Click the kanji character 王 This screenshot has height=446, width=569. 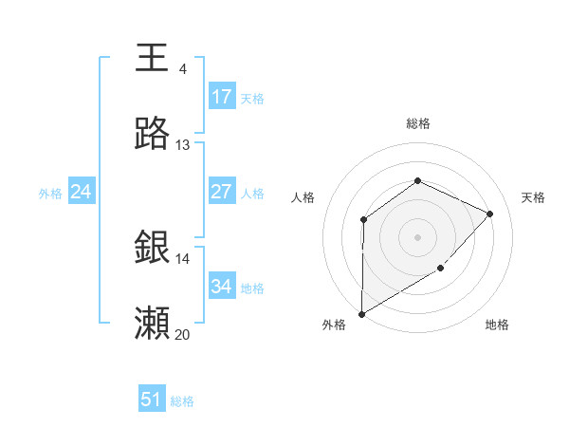coord(153,56)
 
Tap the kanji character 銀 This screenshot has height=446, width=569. coord(153,247)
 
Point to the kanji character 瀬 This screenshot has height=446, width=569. coord(153,323)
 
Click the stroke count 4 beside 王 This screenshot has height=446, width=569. coord(182,69)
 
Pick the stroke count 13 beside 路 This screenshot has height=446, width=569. coord(182,145)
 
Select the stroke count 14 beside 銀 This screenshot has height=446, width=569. coord(182,258)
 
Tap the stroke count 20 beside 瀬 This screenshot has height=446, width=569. coord(182,334)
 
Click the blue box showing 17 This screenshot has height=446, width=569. coord(222,97)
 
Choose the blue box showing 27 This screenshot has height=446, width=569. coord(222,192)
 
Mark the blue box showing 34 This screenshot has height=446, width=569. coord(222,287)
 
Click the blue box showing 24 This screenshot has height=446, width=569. coord(82,192)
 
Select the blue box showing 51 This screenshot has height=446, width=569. coord(152,400)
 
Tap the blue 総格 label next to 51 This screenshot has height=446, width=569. coord(182,401)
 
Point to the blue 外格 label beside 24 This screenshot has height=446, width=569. coord(50,194)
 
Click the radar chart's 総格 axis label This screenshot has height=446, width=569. coord(418,123)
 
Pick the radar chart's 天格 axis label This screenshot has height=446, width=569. coord(533,197)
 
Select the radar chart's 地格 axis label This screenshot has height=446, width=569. coord(497,325)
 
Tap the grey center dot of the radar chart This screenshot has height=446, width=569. coord(417,236)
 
